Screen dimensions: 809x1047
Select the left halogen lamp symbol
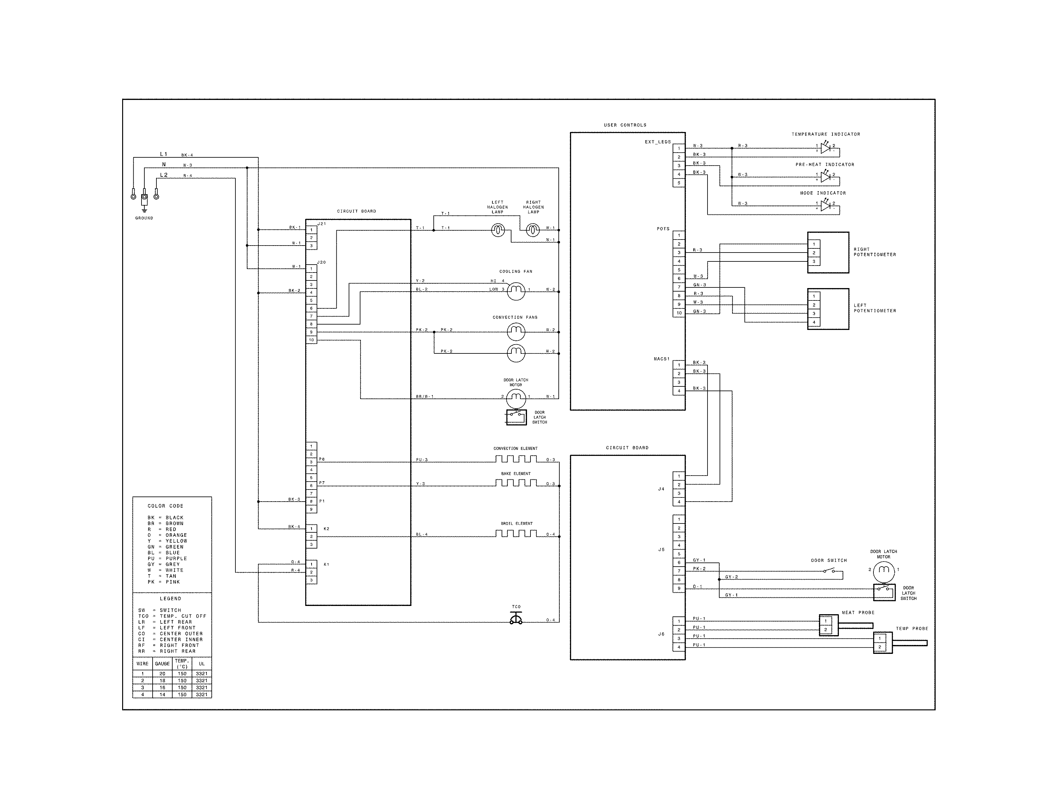(498, 231)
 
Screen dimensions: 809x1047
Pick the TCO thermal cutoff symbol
(516, 619)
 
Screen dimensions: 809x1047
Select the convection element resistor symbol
(516, 459)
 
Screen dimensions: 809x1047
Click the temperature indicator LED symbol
(825, 148)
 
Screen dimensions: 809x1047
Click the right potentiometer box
(828, 253)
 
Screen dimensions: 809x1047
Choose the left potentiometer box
(828, 309)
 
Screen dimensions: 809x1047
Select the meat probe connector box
(828, 625)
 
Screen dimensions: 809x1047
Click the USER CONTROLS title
(625, 125)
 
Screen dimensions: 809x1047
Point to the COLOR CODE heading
(165, 506)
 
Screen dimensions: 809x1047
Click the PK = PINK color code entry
(163, 582)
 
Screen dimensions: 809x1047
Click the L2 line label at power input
(164, 175)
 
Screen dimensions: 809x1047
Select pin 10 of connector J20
(311, 340)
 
